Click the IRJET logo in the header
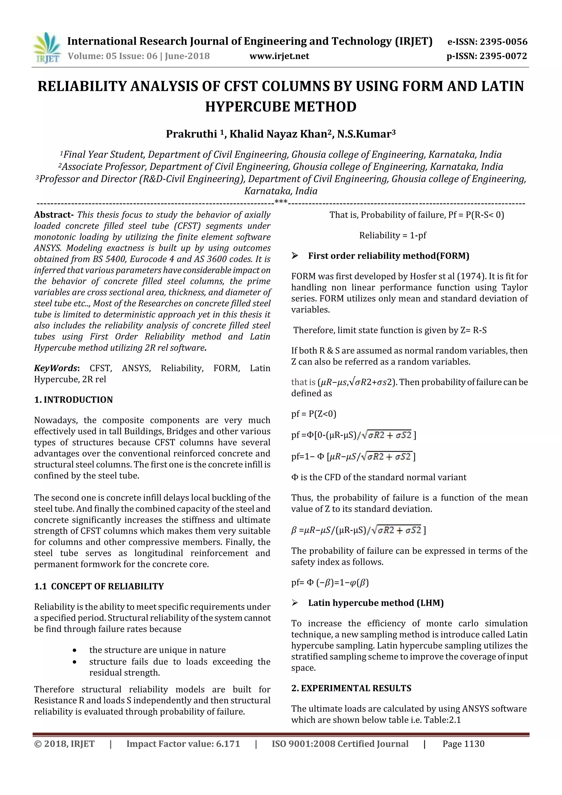point(46,48)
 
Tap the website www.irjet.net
point(279,56)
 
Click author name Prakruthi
point(192,134)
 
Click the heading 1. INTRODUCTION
point(74,400)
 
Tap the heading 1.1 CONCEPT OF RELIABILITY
point(99,586)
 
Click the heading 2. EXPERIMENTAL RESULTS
point(351,688)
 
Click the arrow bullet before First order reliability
point(295,256)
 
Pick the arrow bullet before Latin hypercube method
point(295,603)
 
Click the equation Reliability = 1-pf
point(392,235)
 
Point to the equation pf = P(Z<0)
point(313,414)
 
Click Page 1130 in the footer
point(463,744)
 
